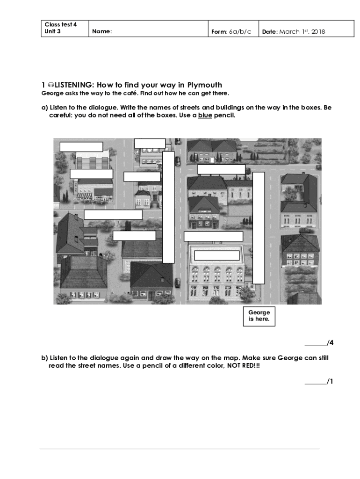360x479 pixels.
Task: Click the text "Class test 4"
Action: (60, 24)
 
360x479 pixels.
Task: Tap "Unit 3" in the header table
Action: (53, 32)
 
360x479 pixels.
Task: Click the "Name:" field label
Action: (102, 32)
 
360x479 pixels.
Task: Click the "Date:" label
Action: (270, 32)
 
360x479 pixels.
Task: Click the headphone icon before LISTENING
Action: (50, 85)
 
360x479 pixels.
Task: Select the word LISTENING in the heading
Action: (74, 85)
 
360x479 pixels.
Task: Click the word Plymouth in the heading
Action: (205, 85)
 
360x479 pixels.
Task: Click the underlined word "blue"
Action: (205, 115)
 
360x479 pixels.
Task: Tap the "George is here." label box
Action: (259, 316)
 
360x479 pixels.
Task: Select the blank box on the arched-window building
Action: (217, 256)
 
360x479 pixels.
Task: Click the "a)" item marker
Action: (44, 108)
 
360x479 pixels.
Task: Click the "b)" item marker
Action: (44, 358)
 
